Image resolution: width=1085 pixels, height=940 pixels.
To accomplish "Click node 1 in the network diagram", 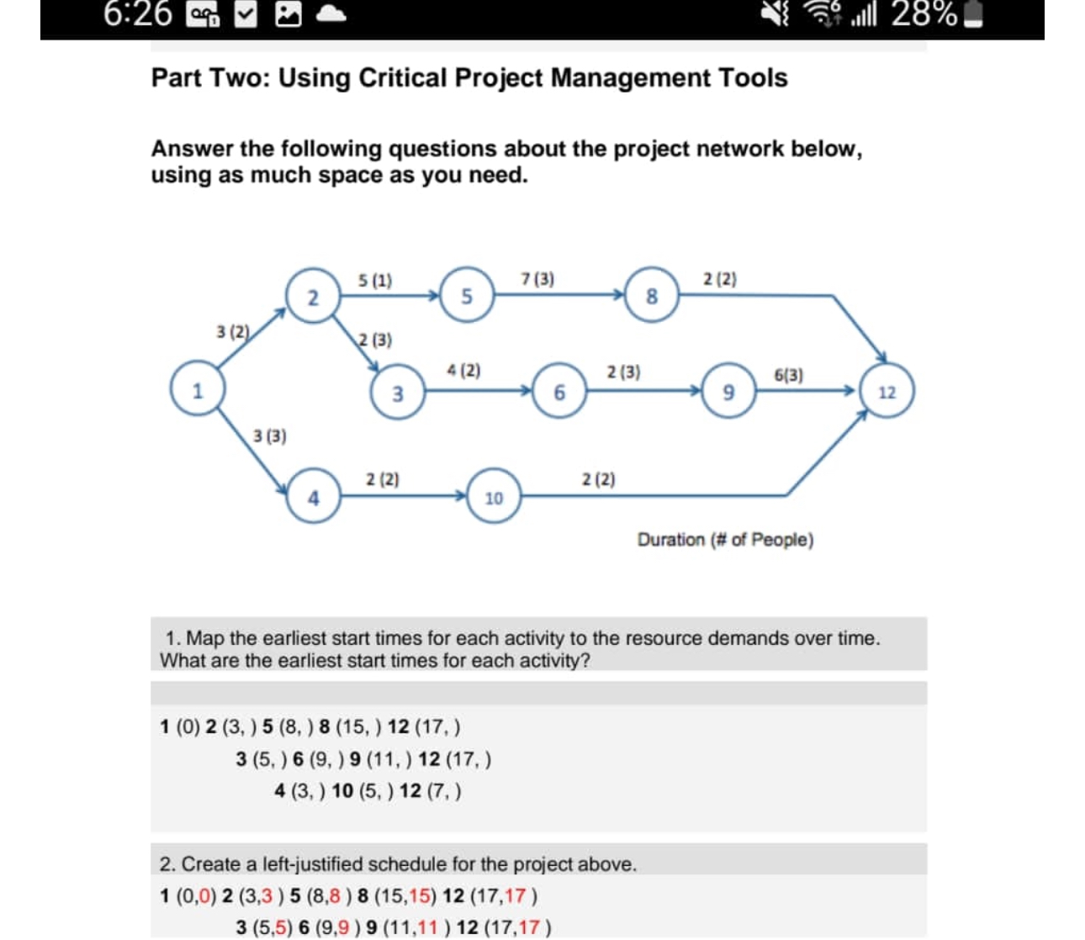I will click(x=198, y=391).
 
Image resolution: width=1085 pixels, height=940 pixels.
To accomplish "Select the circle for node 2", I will click(x=313, y=297).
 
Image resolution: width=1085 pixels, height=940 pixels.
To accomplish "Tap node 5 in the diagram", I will click(x=467, y=295).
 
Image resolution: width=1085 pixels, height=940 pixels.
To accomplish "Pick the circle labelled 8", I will click(x=651, y=295).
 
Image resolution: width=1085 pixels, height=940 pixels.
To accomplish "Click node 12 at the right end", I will click(x=887, y=392).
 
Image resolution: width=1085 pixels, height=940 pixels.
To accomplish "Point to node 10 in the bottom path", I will click(x=494, y=498).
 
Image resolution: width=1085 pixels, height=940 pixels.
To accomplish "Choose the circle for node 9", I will click(x=729, y=391).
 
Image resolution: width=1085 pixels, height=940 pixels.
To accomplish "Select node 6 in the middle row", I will click(x=559, y=391).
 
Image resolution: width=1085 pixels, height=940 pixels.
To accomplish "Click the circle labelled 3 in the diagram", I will click(x=397, y=393).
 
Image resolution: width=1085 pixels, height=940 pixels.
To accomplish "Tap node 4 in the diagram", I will click(x=313, y=498).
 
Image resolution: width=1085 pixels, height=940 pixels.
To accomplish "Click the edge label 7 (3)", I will click(x=537, y=278).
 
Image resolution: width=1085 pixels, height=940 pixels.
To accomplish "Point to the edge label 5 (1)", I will click(x=374, y=279).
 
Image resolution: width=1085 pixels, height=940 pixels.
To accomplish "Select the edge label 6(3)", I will click(x=788, y=375).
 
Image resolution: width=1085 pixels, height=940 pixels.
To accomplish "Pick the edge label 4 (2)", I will click(x=463, y=370).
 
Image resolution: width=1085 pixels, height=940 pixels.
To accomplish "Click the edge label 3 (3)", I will click(x=269, y=436).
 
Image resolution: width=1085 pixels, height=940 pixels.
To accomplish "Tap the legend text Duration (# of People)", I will click(x=725, y=540).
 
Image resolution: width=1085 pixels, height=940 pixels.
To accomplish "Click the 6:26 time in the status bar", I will click(x=138, y=15).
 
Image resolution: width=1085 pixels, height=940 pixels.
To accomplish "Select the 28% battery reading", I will click(x=924, y=15).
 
